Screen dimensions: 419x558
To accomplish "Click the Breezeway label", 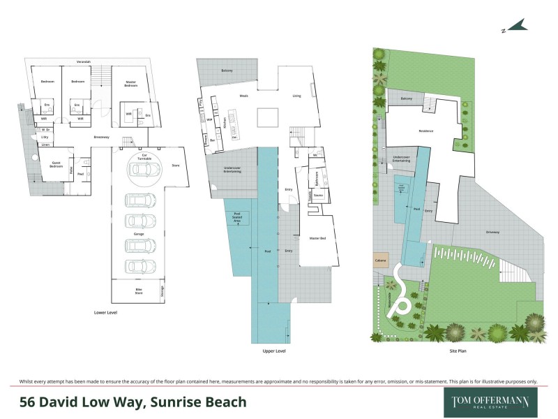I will [x=103, y=137].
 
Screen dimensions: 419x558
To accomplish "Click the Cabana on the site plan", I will [x=380, y=260].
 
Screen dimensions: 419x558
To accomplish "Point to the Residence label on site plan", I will [x=425, y=131].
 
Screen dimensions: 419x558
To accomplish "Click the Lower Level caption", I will [x=106, y=312].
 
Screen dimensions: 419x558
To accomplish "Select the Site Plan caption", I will [x=458, y=351].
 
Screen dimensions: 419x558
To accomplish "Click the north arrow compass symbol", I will [x=514, y=27].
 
